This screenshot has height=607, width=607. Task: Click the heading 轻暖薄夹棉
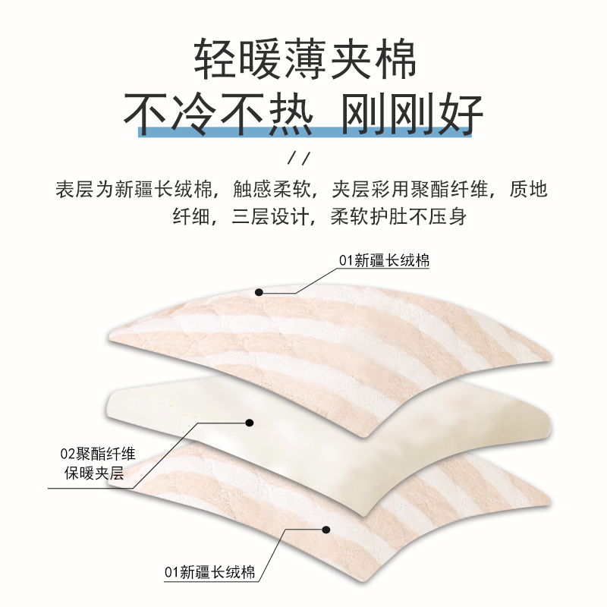tap(303, 58)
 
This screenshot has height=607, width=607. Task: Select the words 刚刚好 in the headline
tap(413, 114)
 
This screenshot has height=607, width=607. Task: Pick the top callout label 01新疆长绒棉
tap(384, 261)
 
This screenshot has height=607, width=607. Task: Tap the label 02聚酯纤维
tap(97, 455)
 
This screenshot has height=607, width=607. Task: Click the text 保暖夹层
tap(97, 478)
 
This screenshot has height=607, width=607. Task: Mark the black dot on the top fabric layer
tap(259, 291)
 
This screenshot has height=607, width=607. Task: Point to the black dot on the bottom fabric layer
tap(327, 529)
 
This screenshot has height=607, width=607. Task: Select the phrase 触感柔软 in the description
tap(266, 189)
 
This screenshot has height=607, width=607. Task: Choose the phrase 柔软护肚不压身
tap(398, 217)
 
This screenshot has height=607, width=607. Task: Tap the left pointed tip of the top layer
tap(113, 336)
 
